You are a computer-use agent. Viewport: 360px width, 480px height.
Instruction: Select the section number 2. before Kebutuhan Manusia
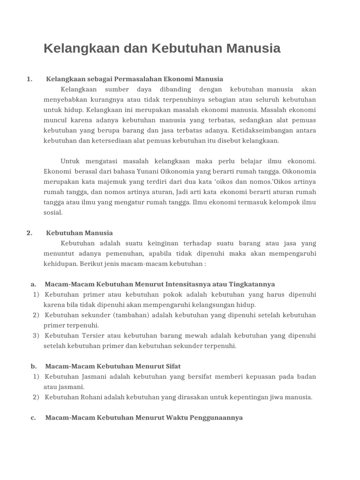pyautogui.click(x=30, y=233)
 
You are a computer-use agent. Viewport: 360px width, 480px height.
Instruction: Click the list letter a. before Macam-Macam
pyautogui.click(x=33, y=284)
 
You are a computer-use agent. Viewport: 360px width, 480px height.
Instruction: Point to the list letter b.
pyautogui.click(x=33, y=366)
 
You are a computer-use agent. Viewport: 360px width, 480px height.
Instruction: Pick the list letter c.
pyautogui.click(x=33, y=417)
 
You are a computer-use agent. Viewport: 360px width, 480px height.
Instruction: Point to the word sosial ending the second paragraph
pyautogui.click(x=53, y=212)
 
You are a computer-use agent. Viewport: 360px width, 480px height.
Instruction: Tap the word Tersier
pyautogui.click(x=95, y=336)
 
